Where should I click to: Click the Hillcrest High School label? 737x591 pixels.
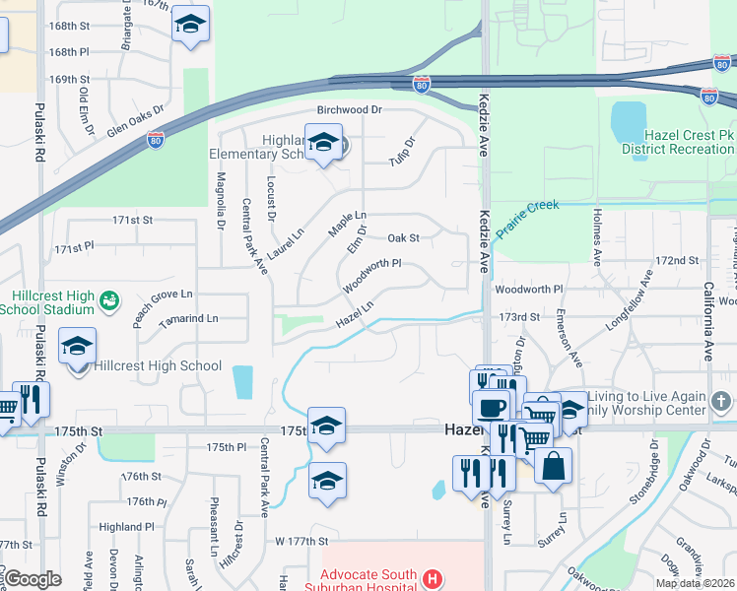click(158, 365)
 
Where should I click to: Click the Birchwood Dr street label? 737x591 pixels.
click(349, 110)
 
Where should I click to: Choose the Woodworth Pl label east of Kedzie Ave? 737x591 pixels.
click(528, 290)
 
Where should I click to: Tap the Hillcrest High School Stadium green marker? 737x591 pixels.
click(109, 296)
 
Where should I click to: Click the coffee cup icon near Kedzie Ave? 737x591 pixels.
click(491, 407)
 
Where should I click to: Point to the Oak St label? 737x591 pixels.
click(403, 238)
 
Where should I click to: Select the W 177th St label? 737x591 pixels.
click(301, 542)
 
